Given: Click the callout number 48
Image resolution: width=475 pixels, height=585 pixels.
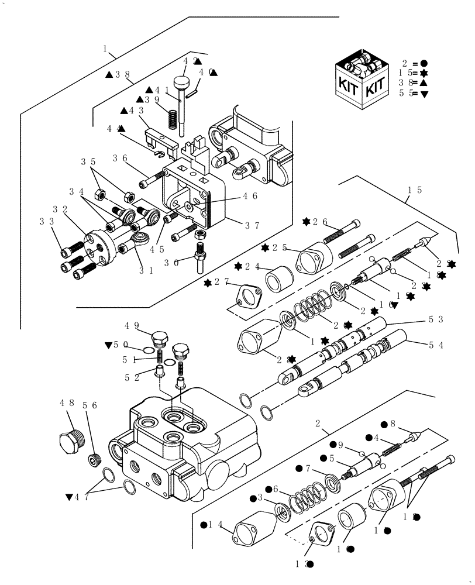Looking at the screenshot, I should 66,403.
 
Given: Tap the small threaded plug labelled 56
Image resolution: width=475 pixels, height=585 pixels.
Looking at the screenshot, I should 95,460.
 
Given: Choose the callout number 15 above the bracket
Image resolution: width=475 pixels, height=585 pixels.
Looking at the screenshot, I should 416,190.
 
